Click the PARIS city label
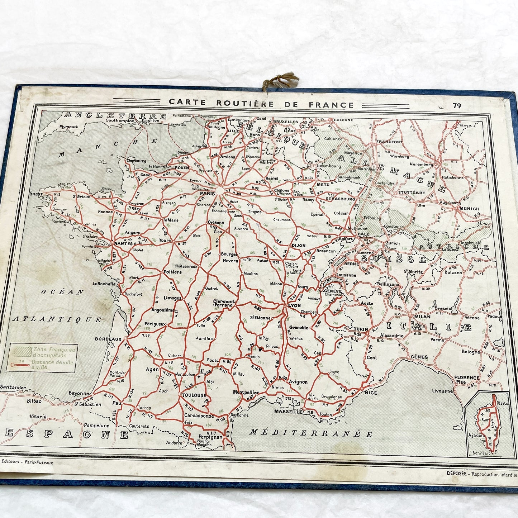[x=208, y=194]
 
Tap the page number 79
[x=457, y=106]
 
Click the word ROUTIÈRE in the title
[x=245, y=104]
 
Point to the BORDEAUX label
[x=108, y=339]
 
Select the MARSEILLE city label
[x=288, y=412]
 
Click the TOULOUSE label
[x=194, y=395]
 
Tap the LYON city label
[x=294, y=305]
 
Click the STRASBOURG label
[x=340, y=199]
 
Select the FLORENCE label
[x=467, y=377]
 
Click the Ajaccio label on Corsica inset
[x=476, y=436]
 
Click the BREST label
[x=36, y=194]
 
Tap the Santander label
[x=13, y=388]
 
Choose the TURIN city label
[x=361, y=329]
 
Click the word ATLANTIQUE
[x=57, y=319]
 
